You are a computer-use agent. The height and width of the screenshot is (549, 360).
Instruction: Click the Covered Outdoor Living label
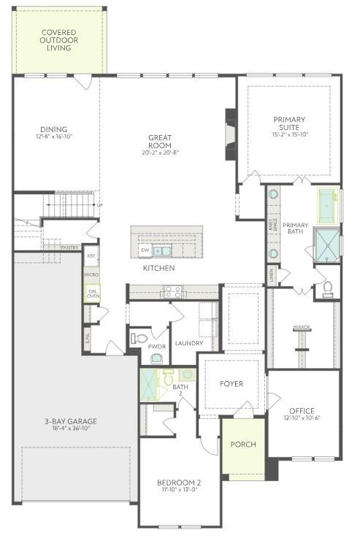59,40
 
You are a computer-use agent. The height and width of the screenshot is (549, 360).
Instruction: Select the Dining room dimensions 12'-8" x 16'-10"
54,137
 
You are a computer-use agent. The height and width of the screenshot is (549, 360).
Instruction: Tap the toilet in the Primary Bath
327,286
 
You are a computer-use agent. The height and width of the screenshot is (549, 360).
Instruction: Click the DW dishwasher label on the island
145,251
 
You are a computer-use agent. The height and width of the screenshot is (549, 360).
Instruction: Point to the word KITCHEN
158,269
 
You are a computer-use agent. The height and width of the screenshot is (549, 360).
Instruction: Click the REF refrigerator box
91,256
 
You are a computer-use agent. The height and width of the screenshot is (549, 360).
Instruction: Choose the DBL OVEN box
93,293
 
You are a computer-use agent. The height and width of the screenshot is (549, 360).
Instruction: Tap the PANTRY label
70,248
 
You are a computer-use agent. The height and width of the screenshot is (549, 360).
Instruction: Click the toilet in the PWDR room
140,338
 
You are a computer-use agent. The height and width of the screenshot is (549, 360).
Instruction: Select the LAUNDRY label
189,343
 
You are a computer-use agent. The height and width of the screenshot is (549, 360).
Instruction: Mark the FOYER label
231,384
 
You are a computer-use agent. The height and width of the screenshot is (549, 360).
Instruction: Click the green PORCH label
243,445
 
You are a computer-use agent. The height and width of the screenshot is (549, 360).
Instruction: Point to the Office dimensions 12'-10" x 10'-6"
302,418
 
